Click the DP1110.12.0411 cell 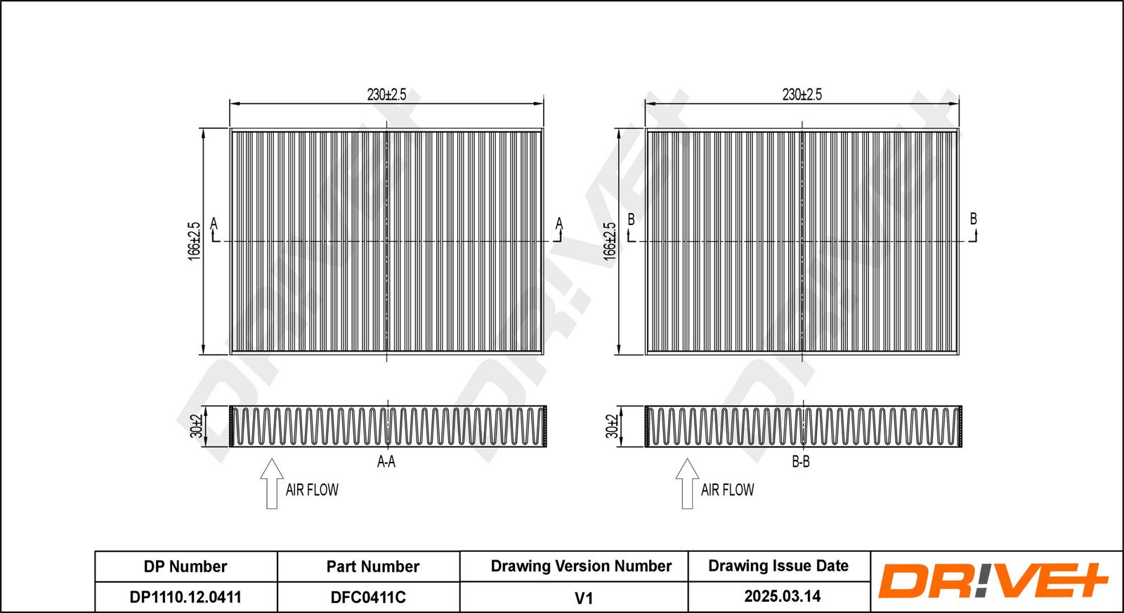click(x=185, y=597)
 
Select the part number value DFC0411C click(x=368, y=597)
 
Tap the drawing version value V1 click(x=584, y=598)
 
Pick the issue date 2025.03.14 click(x=783, y=596)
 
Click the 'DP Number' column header click(x=185, y=567)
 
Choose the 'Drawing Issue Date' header click(x=778, y=566)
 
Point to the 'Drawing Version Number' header click(x=581, y=566)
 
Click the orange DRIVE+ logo click(x=993, y=581)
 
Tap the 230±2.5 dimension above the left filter click(x=386, y=94)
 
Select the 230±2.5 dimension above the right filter click(x=802, y=94)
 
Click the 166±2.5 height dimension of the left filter click(x=194, y=242)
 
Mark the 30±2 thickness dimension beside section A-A click(x=196, y=426)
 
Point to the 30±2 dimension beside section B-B click(x=612, y=426)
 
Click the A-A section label click(x=386, y=461)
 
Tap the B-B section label click(x=801, y=461)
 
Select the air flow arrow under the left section click(x=272, y=484)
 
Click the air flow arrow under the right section click(x=688, y=484)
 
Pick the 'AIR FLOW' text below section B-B click(x=727, y=490)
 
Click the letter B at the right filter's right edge click(x=974, y=219)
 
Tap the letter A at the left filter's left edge click(x=214, y=224)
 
